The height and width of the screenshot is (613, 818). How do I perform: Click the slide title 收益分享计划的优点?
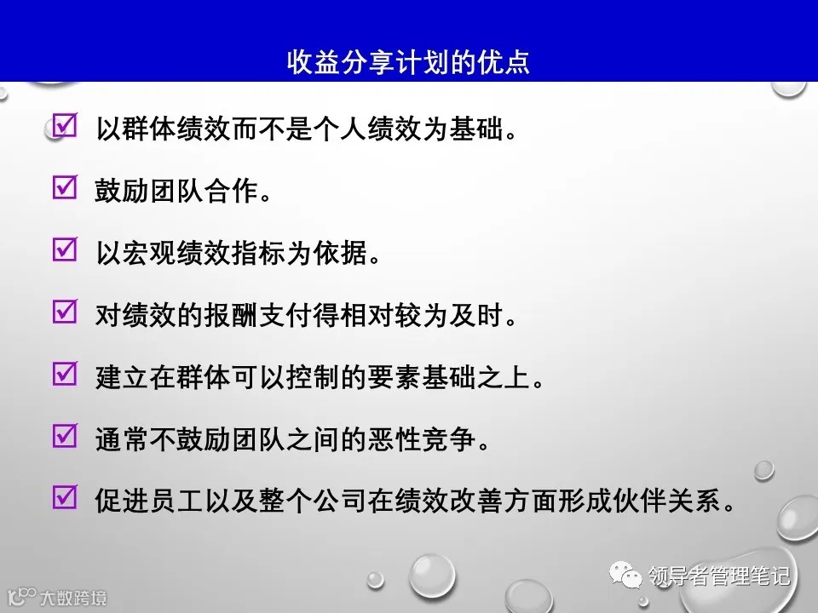[408, 62]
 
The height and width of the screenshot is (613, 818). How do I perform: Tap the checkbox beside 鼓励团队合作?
[65, 189]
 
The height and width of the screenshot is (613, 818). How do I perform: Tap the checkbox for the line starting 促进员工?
[65, 497]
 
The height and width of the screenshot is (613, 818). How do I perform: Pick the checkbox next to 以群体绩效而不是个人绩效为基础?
[65, 127]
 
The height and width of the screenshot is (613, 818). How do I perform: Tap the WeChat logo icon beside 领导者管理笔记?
[631, 576]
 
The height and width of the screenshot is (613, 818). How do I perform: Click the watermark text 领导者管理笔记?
[720, 576]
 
